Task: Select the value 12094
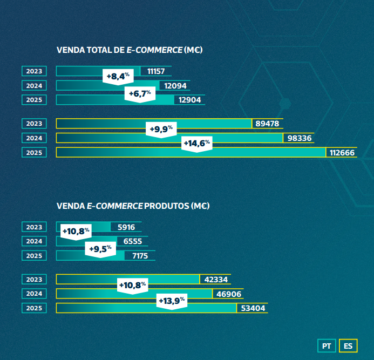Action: coord(173,85)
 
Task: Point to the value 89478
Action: coord(267,124)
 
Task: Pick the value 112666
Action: coord(342,153)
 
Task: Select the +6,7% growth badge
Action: coord(140,93)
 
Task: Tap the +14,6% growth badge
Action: coord(196,144)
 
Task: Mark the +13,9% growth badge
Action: coord(171,301)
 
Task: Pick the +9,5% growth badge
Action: coord(100,249)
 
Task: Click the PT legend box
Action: coord(327,345)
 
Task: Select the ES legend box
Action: coord(348,345)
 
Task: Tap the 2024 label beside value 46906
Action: coord(34,294)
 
